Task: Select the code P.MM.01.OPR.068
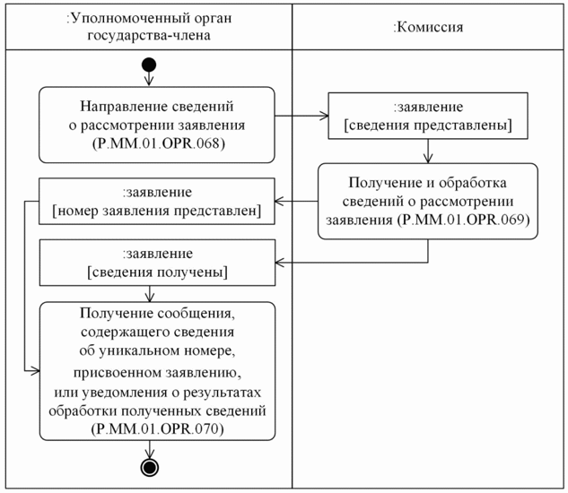pos(156,142)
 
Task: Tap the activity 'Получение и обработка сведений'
pos(427,201)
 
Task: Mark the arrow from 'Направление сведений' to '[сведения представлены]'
pos(301,116)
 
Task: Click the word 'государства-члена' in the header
pos(149,36)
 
